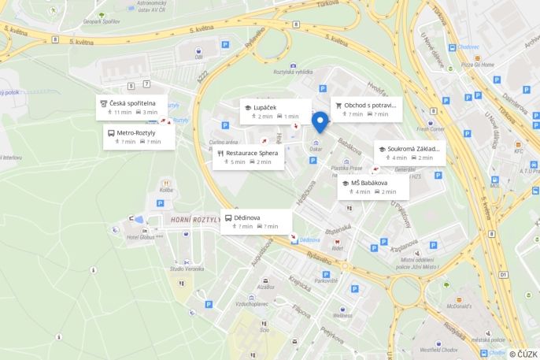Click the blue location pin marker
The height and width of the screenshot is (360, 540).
[320, 122]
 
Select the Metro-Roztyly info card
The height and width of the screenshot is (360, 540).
[135, 137]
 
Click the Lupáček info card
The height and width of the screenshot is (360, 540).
[275, 111]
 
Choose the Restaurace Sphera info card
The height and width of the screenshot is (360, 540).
[248, 157]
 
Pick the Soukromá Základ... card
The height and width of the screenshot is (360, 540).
[409, 153]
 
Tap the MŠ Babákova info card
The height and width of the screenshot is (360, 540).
[373, 187]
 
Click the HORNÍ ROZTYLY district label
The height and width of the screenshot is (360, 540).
[194, 220]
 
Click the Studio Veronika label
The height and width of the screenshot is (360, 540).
[187, 269]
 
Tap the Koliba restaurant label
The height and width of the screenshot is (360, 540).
[166, 190]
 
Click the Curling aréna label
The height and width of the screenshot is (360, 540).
[222, 143]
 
